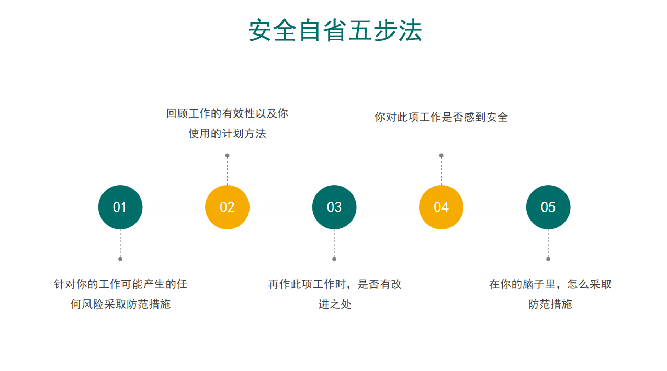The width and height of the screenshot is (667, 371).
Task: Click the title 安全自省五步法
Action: click(x=335, y=30)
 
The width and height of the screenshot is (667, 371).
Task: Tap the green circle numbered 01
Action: click(x=120, y=207)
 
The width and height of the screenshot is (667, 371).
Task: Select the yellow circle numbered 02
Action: click(x=227, y=207)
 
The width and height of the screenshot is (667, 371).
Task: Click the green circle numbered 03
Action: click(x=334, y=207)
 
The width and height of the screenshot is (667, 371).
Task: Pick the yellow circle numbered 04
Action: click(x=442, y=207)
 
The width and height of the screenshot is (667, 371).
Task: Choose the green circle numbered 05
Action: click(x=548, y=207)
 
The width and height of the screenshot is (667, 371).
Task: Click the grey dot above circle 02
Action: click(x=227, y=155)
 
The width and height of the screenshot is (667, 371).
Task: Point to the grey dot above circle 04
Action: click(x=442, y=155)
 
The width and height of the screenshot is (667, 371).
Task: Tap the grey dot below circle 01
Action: click(x=120, y=259)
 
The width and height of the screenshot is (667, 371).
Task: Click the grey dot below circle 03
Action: click(x=334, y=259)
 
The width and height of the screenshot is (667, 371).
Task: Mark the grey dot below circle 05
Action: click(x=548, y=259)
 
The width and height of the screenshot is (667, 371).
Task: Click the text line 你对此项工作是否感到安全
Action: click(x=442, y=117)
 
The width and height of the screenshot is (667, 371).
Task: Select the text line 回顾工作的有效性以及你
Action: click(x=227, y=113)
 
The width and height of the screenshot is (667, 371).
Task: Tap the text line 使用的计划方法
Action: click(x=227, y=133)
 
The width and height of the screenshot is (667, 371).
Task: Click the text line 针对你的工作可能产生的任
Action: click(x=121, y=284)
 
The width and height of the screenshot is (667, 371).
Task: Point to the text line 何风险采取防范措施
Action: click(x=121, y=304)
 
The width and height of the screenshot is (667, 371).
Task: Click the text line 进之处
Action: click(x=335, y=304)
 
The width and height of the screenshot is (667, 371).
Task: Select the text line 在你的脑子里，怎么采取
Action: click(x=550, y=284)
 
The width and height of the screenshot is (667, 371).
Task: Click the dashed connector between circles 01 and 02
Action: click(x=174, y=207)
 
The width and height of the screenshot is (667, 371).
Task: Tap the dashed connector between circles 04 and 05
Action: click(x=495, y=207)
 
